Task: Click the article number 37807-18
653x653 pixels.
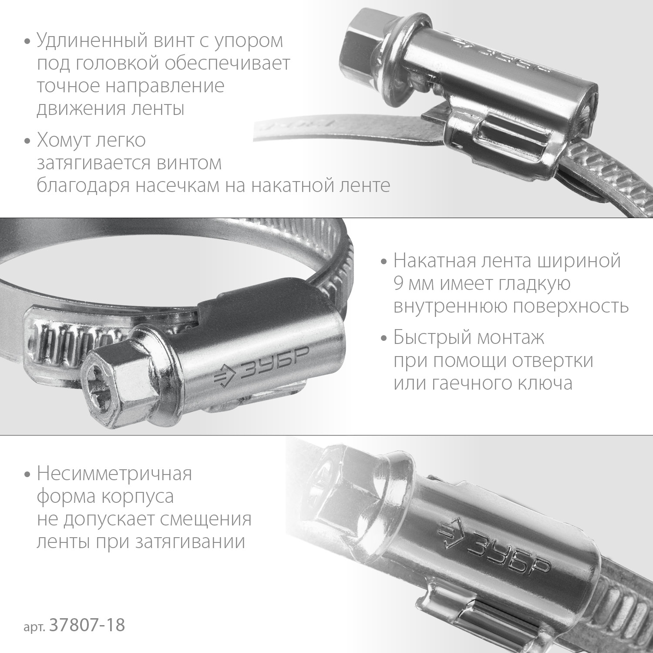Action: coord(88,626)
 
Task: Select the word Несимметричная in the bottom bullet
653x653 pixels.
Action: coord(114,474)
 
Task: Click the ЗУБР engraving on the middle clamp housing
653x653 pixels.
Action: coord(273,364)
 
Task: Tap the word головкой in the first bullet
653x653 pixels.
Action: coord(117,64)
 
